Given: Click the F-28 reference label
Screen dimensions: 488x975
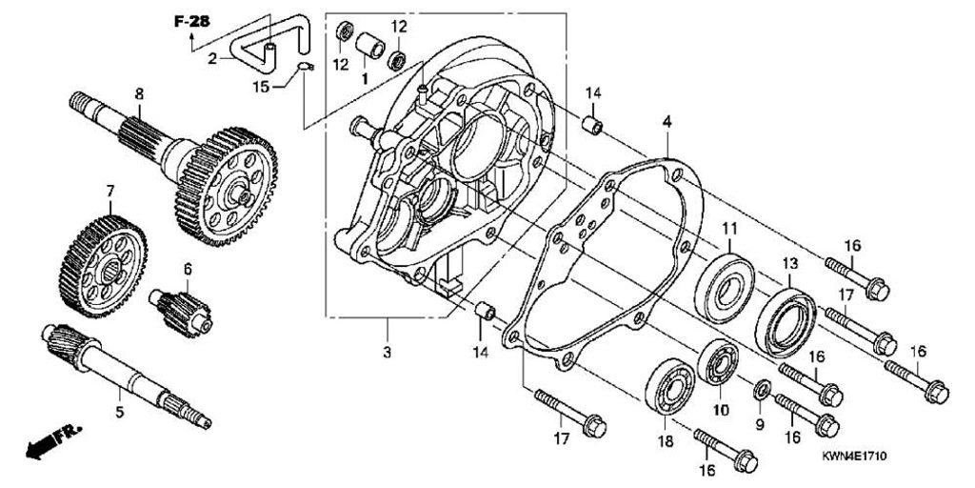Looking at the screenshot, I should tap(190, 21).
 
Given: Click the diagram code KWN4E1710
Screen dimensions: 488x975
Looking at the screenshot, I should tap(854, 457).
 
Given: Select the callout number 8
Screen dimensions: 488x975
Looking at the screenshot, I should tap(139, 94).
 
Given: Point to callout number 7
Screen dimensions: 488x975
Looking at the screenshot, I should tap(110, 191).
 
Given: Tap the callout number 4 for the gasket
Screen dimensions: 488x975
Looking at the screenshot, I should tap(667, 123).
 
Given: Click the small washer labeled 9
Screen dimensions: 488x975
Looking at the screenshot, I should tap(762, 390).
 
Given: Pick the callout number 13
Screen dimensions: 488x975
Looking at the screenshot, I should tap(790, 264).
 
